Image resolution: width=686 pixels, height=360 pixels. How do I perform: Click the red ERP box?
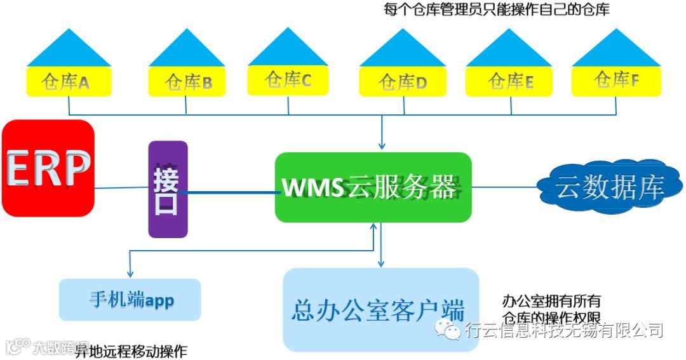coord(48,168)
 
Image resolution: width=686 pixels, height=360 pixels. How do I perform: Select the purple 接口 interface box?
coord(168,189)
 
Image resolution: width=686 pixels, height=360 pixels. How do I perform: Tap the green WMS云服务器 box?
coord(373,187)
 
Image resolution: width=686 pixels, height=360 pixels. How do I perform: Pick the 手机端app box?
coord(130,300)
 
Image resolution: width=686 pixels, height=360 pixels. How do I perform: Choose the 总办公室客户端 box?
coord(380,310)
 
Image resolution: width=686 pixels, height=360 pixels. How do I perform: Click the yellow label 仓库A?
coord(69,82)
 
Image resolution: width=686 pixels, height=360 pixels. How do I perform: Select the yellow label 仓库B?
coord(187,82)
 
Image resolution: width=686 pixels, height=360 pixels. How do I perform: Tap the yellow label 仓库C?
coord(288,80)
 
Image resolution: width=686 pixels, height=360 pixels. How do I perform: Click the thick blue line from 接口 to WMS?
coord(229,191)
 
